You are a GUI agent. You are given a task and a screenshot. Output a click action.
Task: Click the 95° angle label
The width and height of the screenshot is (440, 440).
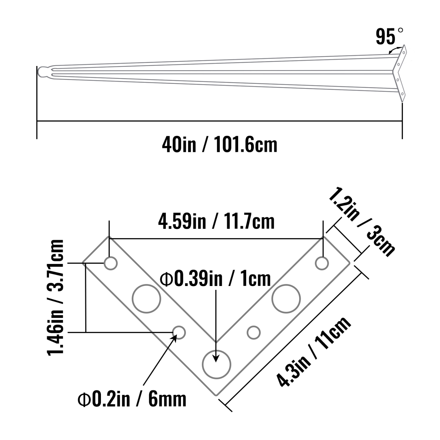tap(389, 37)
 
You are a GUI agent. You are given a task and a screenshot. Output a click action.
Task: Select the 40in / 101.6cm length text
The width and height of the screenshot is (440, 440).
tap(219, 145)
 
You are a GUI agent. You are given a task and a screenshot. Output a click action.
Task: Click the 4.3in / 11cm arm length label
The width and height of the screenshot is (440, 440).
tap(314, 352)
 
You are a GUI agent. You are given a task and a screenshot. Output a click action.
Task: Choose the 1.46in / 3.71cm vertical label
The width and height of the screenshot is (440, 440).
tap(55, 297)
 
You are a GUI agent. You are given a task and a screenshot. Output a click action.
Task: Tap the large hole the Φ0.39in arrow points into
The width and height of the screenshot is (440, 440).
tap(217, 364)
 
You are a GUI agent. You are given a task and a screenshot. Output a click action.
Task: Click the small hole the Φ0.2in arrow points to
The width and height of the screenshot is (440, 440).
tap(179, 332)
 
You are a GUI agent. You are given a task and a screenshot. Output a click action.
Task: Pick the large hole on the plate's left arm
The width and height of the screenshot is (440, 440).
tap(146, 298)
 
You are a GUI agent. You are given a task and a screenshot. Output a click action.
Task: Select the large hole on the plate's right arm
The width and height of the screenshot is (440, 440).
tap(286, 298)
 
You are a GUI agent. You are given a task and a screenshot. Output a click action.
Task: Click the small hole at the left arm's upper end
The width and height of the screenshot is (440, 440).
tap(111, 263)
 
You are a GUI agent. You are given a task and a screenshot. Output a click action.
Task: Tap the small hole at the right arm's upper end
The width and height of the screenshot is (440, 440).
tap(322, 263)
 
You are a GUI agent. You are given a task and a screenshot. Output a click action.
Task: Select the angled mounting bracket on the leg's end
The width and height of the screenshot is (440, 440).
tap(400, 73)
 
